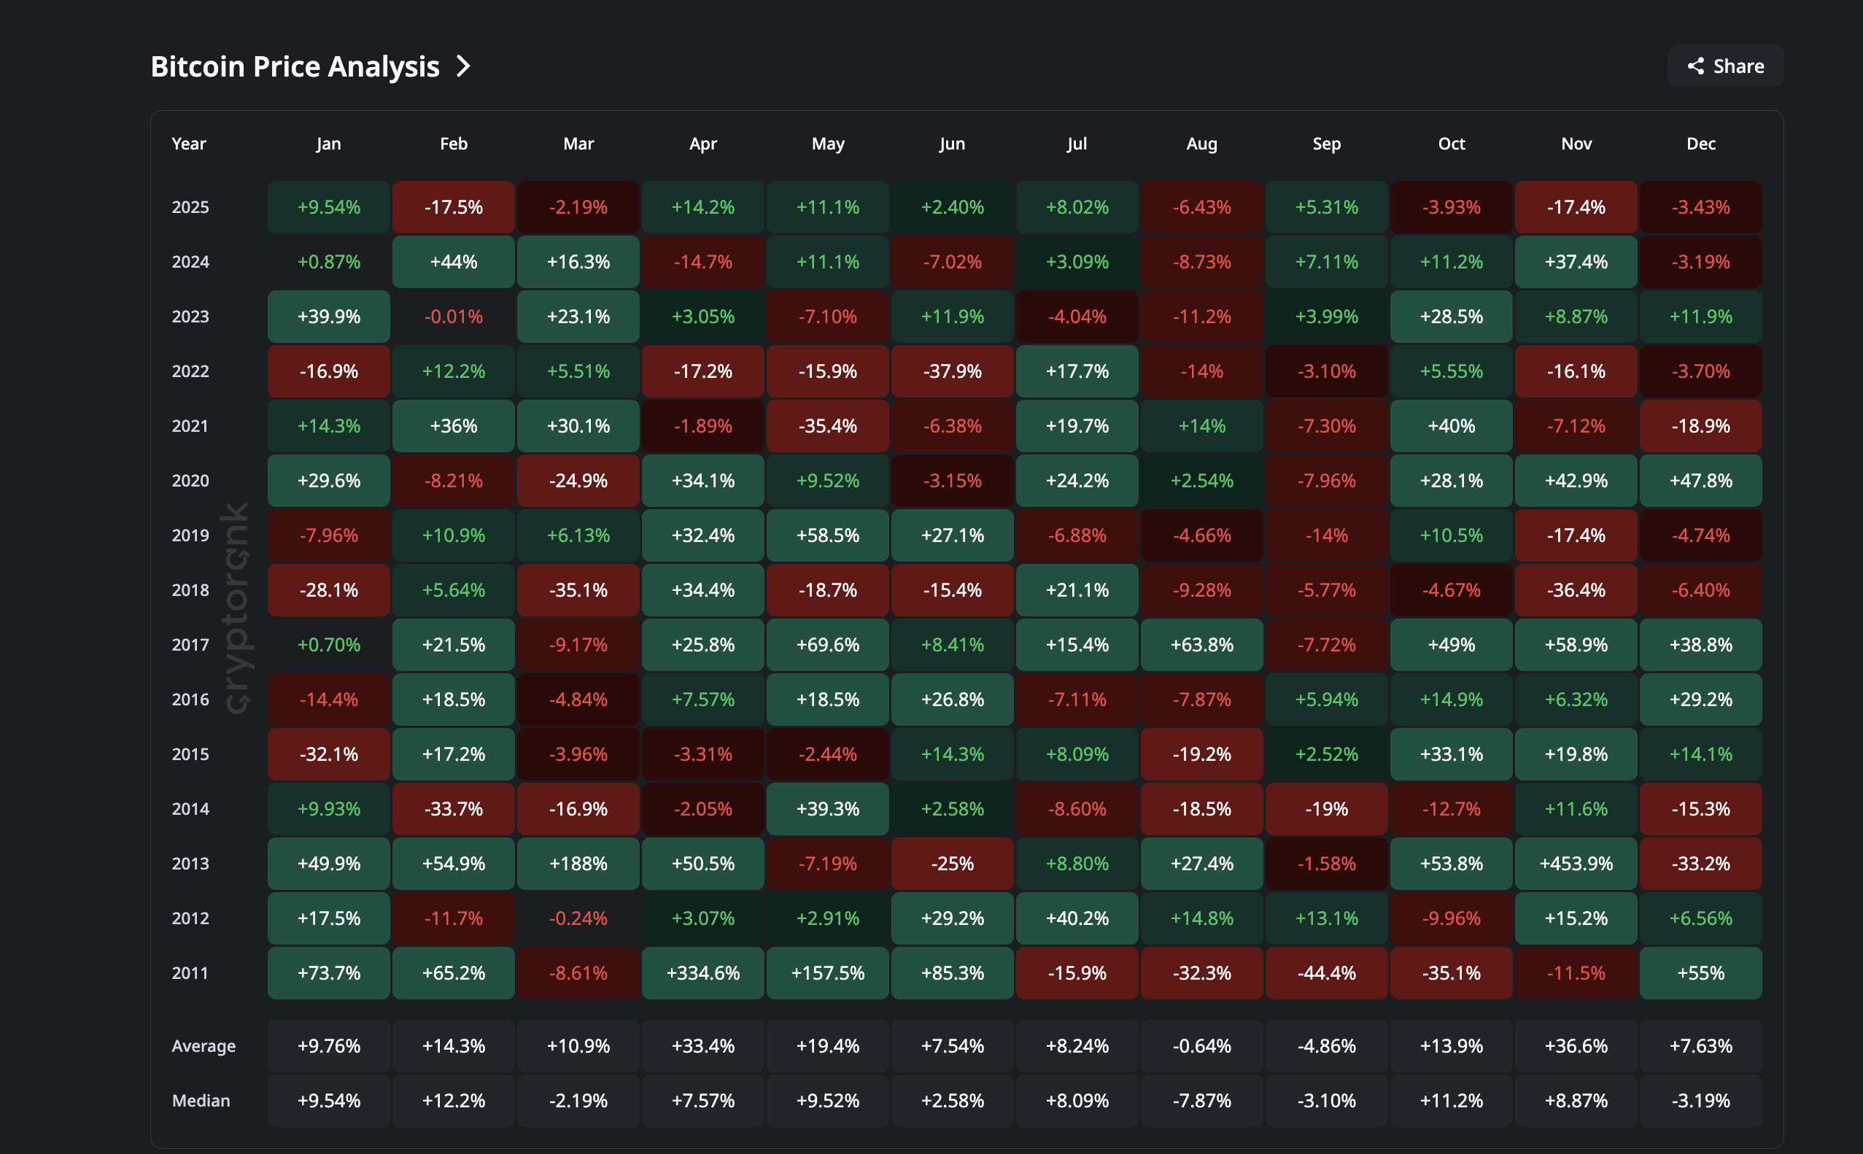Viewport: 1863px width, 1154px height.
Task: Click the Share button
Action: click(x=1725, y=66)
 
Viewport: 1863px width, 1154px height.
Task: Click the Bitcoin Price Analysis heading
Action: click(x=295, y=66)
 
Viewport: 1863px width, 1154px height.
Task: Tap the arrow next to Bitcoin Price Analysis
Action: click(x=463, y=66)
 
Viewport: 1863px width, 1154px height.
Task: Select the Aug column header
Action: click(x=1201, y=144)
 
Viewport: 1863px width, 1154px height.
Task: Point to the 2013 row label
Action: click(x=190, y=863)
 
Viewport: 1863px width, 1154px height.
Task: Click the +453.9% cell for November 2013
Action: click(x=1576, y=863)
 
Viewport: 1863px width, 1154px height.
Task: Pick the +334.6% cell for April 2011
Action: click(x=703, y=973)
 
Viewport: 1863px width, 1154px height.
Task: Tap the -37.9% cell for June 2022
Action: click(x=953, y=371)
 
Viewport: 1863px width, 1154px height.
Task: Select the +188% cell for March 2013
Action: click(x=578, y=863)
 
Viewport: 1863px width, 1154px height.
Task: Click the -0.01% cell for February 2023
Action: click(x=453, y=316)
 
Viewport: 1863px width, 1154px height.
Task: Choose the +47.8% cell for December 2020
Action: click(x=1700, y=481)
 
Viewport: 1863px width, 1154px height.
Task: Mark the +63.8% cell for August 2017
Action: click(x=1201, y=645)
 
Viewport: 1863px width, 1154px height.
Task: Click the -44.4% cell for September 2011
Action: click(x=1326, y=973)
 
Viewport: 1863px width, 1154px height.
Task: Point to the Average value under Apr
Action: click(x=703, y=1045)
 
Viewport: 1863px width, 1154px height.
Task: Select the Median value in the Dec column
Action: click(x=1700, y=1101)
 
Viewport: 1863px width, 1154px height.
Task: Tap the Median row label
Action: click(x=201, y=1101)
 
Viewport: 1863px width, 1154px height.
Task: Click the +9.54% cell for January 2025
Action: click(x=329, y=207)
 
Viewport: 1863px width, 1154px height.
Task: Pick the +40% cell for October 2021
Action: click(x=1451, y=426)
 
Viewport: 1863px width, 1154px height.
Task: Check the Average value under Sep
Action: click(x=1326, y=1045)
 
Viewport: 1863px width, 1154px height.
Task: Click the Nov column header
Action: click(x=1576, y=144)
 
